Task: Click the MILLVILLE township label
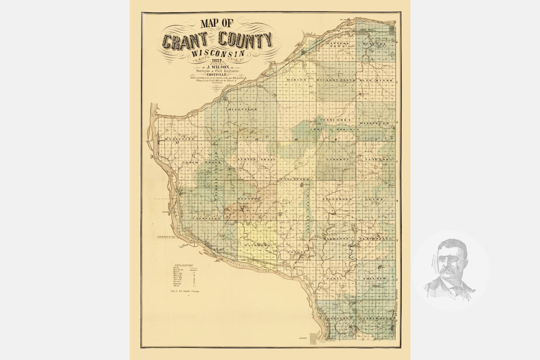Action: pyautogui.click(x=243, y=109)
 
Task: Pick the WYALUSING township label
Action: pyautogui.click(x=180, y=139)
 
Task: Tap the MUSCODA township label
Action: pyautogui.click(x=375, y=44)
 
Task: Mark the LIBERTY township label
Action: pyautogui.click(x=337, y=160)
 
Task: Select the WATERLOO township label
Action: pyautogui.click(x=257, y=245)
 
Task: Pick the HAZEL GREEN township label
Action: pyautogui.click(x=376, y=318)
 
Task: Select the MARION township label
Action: pyautogui.click(x=297, y=81)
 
